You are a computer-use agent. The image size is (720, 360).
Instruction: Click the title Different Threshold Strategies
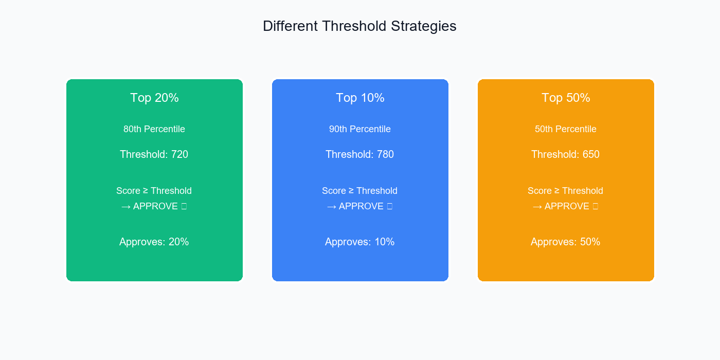pos(359,26)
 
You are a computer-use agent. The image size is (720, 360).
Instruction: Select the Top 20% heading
pos(154,98)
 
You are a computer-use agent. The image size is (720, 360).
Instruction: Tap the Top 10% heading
pos(360,98)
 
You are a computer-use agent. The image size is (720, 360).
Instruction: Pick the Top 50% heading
pos(566,98)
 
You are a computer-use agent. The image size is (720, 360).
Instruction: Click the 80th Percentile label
pos(154,129)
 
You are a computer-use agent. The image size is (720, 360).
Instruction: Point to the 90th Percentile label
pos(360,129)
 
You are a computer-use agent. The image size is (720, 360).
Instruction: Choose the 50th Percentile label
pos(566,129)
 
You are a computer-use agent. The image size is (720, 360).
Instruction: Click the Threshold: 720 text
pos(154,154)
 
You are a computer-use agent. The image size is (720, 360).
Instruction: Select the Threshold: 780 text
pos(359,154)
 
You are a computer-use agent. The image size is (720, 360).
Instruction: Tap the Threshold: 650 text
pos(565,154)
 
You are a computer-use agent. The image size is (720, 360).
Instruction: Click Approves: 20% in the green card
pos(154,242)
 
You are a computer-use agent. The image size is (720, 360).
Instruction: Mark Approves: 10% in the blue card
pos(359,242)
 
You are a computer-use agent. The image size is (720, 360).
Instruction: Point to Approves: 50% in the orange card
pos(565,242)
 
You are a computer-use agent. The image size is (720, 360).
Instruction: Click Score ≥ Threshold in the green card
pos(154,191)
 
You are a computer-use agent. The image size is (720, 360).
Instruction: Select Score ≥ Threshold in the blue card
pos(359,191)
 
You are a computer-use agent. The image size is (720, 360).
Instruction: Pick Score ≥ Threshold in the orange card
pos(565,191)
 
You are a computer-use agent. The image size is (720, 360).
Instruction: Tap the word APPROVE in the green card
pos(155,206)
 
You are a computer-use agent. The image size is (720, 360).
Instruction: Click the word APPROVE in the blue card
pos(361,206)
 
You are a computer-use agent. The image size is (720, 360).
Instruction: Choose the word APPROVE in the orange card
pos(567,206)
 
